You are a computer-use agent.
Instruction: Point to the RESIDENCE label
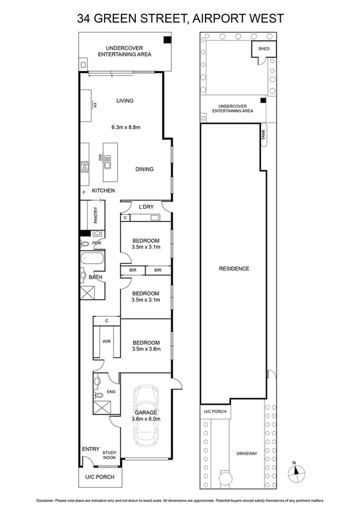tap(234, 269)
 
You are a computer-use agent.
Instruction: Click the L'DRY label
tap(146, 207)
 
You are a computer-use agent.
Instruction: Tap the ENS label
tap(110, 392)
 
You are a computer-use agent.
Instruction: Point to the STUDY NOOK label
tap(109, 456)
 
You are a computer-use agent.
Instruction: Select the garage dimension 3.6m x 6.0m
tap(145, 419)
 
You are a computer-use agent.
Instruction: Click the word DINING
tap(144, 169)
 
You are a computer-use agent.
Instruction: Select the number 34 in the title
tap(85, 19)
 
